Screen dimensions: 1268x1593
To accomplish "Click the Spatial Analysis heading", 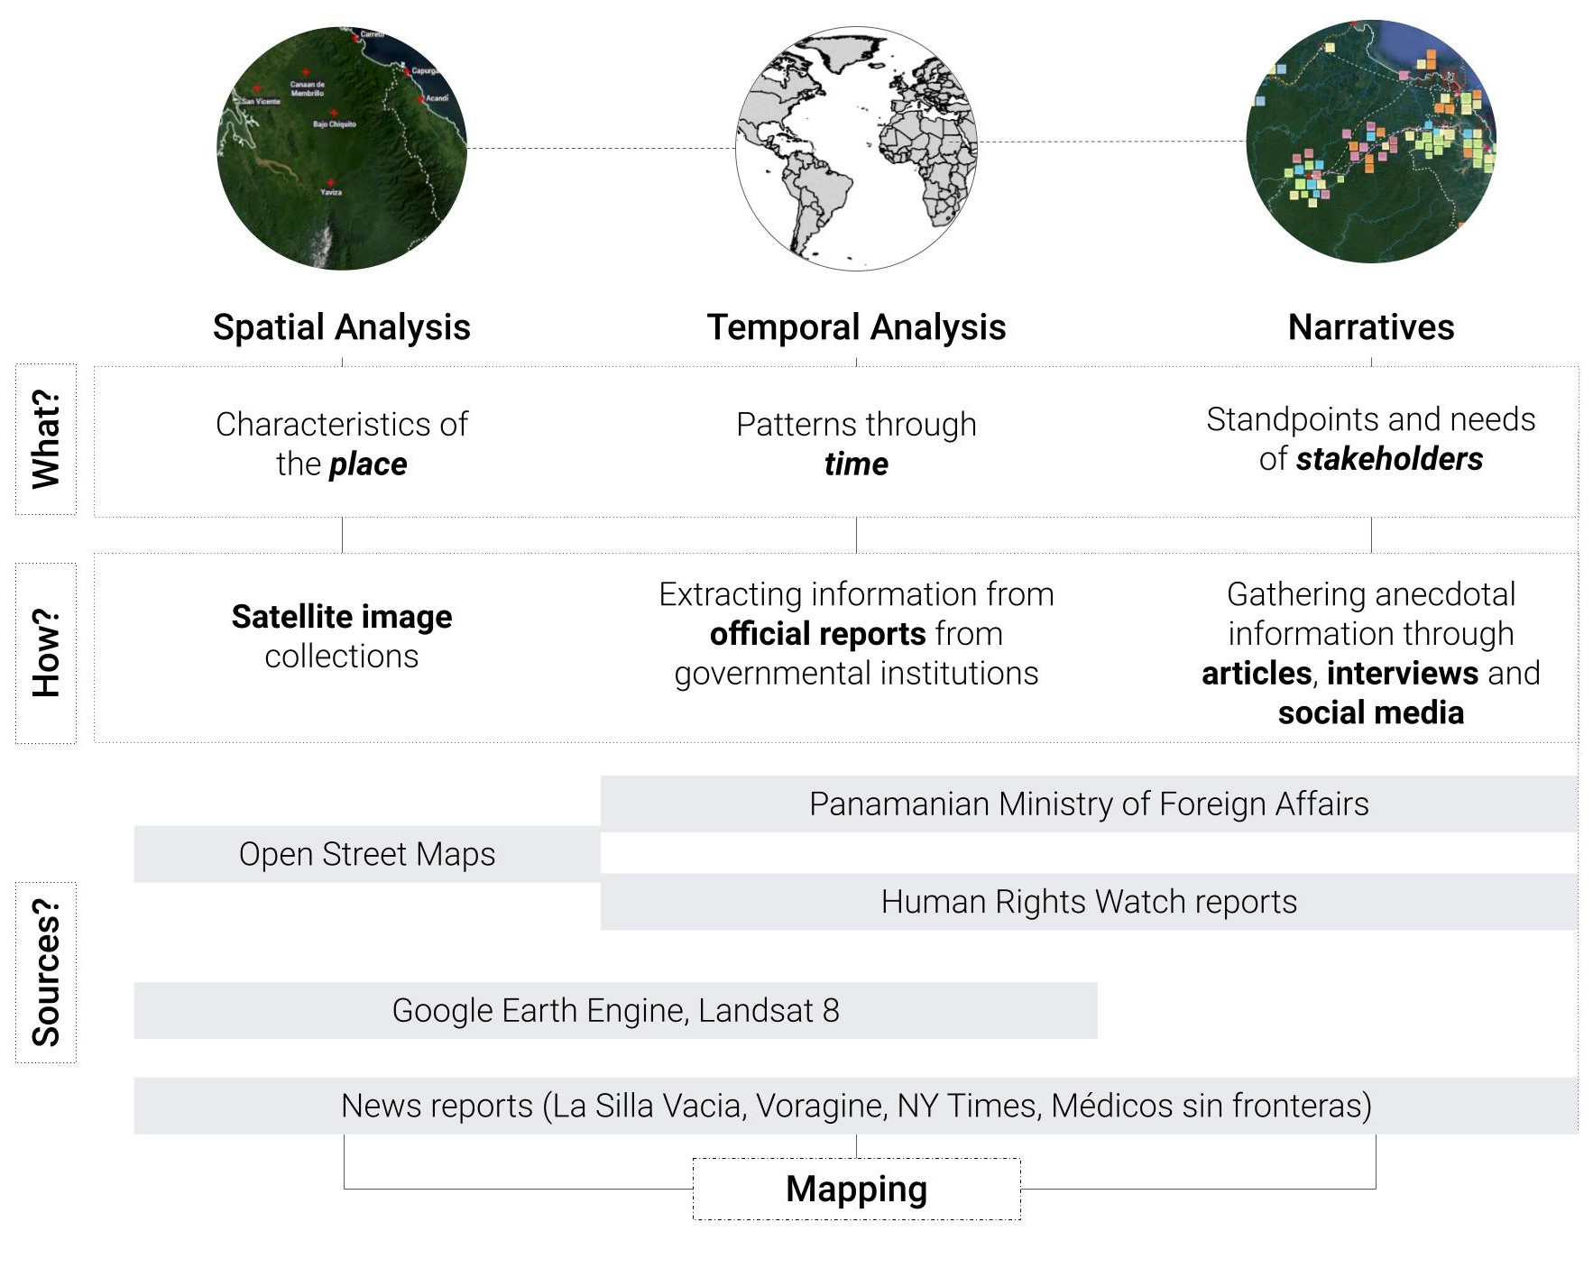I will point(341,327).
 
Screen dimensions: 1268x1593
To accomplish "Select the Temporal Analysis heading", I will point(856,327).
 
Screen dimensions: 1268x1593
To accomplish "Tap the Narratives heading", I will point(1370,327).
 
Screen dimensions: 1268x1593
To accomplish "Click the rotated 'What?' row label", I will point(46,439).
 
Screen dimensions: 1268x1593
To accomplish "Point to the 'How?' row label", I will point(46,653).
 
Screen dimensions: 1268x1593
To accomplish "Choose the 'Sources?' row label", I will point(46,972).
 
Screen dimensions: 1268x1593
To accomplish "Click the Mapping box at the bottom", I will point(856,1189).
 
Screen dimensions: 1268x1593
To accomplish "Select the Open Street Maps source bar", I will point(367,854).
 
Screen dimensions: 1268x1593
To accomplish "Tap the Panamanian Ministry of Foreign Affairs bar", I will point(1089,804).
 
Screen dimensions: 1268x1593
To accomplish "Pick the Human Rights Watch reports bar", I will point(1089,902).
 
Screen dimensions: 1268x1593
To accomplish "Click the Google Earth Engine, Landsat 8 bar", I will point(615,1010).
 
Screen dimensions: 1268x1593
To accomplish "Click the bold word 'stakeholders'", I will point(1389,459).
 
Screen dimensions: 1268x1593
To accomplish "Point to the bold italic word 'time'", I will point(856,464).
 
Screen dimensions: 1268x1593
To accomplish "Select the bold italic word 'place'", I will point(368,464).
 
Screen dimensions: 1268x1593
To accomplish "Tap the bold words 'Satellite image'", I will point(342,617).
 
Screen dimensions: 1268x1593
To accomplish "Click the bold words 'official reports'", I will point(817,634).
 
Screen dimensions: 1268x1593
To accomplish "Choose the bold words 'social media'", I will point(1370,712).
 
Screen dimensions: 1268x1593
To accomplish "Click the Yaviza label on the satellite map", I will point(331,192).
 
